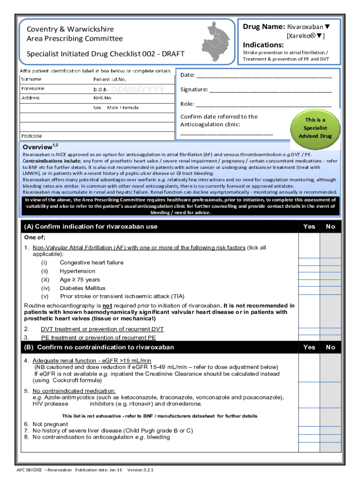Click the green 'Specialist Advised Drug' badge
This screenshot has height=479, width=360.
(315, 128)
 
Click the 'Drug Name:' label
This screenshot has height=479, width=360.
(264, 27)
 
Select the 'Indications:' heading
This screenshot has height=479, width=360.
(263, 45)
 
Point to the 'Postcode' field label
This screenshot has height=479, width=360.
(32, 136)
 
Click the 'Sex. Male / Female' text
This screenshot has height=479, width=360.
(116, 108)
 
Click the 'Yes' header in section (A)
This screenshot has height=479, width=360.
(309, 226)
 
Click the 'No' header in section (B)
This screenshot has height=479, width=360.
(331, 347)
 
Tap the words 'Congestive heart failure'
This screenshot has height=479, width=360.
(92, 262)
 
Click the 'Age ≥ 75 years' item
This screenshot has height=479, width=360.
(80, 280)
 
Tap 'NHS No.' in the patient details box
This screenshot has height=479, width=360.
(103, 98)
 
